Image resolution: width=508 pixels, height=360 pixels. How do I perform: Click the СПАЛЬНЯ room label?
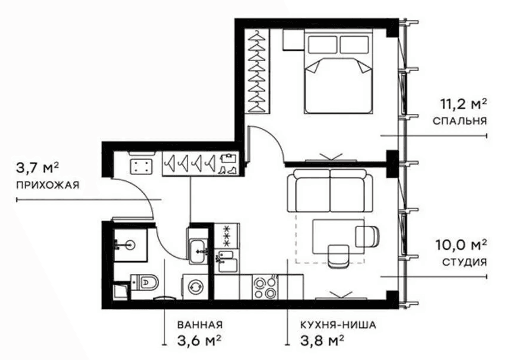(459, 121)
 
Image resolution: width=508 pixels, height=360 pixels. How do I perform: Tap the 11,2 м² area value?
(463, 104)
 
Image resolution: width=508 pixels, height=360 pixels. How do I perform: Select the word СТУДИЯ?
(464, 262)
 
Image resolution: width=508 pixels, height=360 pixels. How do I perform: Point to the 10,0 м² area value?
(461, 246)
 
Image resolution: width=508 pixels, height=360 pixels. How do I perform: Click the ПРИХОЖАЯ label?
(47, 185)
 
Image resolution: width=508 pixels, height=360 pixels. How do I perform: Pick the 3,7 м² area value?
(37, 168)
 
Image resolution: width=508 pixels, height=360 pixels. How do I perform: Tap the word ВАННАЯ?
(200, 324)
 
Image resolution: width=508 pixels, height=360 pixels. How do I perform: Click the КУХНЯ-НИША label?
(338, 324)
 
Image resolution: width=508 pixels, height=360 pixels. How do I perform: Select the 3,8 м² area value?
(322, 340)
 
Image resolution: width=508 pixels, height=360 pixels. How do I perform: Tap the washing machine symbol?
(195, 287)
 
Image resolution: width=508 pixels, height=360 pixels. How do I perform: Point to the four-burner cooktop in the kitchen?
(265, 288)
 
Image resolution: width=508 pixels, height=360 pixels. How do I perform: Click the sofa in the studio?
(330, 192)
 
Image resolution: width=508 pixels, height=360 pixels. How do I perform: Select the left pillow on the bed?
(322, 44)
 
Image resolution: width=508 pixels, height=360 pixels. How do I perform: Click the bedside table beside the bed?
(293, 40)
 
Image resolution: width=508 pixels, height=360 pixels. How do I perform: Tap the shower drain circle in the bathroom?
(131, 245)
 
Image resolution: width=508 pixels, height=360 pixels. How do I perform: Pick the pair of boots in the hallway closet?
(228, 170)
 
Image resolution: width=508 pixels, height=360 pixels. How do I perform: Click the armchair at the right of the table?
(367, 235)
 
